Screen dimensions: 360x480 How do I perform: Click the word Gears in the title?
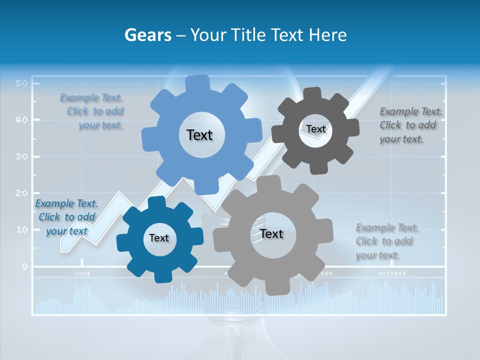pos(146,35)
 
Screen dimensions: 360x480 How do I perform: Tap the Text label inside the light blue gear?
pos(199,135)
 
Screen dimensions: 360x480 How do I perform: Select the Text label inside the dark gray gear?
pos(315,129)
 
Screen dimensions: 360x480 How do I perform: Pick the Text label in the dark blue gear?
pos(159,238)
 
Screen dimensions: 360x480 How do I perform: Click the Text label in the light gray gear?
pos(271,233)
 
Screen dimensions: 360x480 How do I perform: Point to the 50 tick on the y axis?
pos(20,83)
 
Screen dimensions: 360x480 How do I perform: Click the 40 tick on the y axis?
pos(20,120)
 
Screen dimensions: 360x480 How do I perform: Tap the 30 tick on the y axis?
pos(20,156)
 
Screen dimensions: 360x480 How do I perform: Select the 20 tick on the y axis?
pos(20,193)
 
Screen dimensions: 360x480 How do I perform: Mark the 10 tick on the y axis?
pos(20,229)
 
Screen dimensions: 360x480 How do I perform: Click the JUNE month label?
pos(82,273)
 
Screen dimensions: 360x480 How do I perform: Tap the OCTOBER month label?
pos(392,273)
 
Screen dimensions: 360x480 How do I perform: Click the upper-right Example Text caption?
pos(410,125)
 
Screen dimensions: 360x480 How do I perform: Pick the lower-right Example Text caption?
pos(386,241)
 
